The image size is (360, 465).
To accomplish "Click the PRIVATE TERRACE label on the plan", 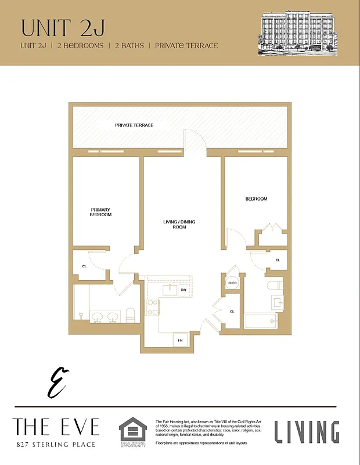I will pyautogui.click(x=134, y=125).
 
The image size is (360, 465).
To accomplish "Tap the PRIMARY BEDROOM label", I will pyautogui.click(x=100, y=212).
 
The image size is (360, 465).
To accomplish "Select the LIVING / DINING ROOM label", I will pyautogui.click(x=179, y=224).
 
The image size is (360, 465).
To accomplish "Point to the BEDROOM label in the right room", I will pyautogui.click(x=256, y=199).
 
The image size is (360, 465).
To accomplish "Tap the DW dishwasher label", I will pyautogui.click(x=183, y=289).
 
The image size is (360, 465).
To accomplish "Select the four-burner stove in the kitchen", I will pyautogui.click(x=153, y=307).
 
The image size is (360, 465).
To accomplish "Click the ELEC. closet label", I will pyautogui.click(x=233, y=283).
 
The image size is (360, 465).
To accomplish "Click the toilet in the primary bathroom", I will pyautogui.click(x=130, y=316).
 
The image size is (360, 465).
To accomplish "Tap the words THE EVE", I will pyautogui.click(x=56, y=428).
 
